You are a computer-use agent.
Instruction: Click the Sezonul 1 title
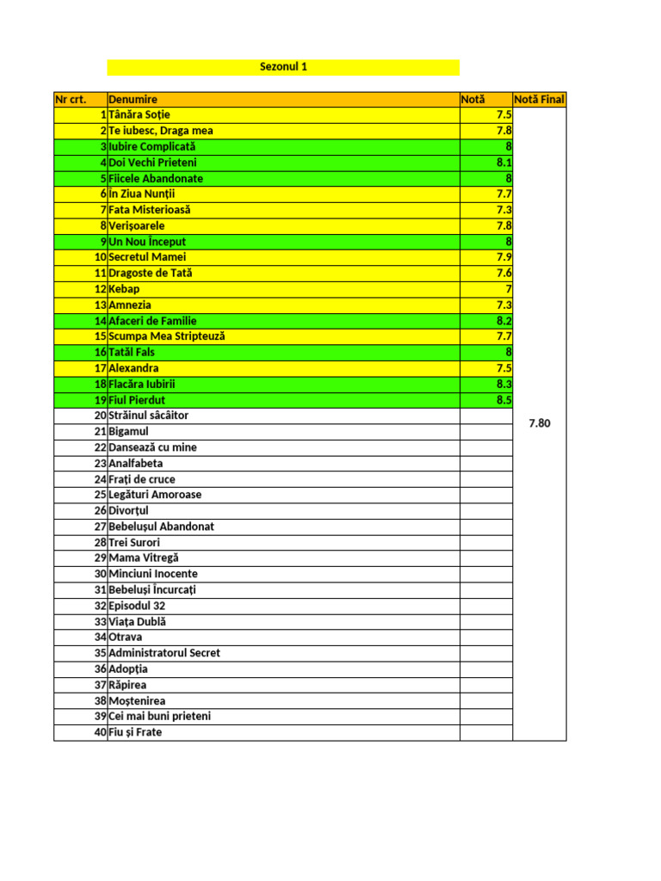coord(283,67)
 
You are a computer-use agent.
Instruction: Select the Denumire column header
coord(133,100)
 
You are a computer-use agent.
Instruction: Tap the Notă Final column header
coord(539,100)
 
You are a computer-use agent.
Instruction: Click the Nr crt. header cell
coord(71,100)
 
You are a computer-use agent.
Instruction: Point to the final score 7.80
coord(539,423)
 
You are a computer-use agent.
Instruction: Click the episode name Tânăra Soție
coord(139,115)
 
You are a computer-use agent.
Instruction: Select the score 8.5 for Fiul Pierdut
coord(503,400)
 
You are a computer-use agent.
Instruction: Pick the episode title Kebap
coord(124,289)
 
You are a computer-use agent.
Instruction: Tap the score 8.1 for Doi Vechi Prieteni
coord(503,163)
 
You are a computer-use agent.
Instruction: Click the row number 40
coord(100,732)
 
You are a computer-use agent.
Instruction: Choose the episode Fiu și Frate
coord(135,732)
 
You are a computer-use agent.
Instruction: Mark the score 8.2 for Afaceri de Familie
coord(503,321)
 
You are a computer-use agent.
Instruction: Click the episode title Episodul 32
coord(137,606)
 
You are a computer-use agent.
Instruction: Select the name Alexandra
coord(133,368)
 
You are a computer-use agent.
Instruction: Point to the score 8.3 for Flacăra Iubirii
coord(503,385)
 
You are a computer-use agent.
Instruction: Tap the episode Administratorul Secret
coord(164,653)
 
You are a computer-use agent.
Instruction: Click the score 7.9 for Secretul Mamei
coord(503,257)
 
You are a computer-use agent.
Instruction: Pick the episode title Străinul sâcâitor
coord(148,416)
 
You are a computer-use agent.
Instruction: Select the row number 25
coord(100,495)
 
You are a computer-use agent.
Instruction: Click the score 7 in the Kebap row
coord(509,289)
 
